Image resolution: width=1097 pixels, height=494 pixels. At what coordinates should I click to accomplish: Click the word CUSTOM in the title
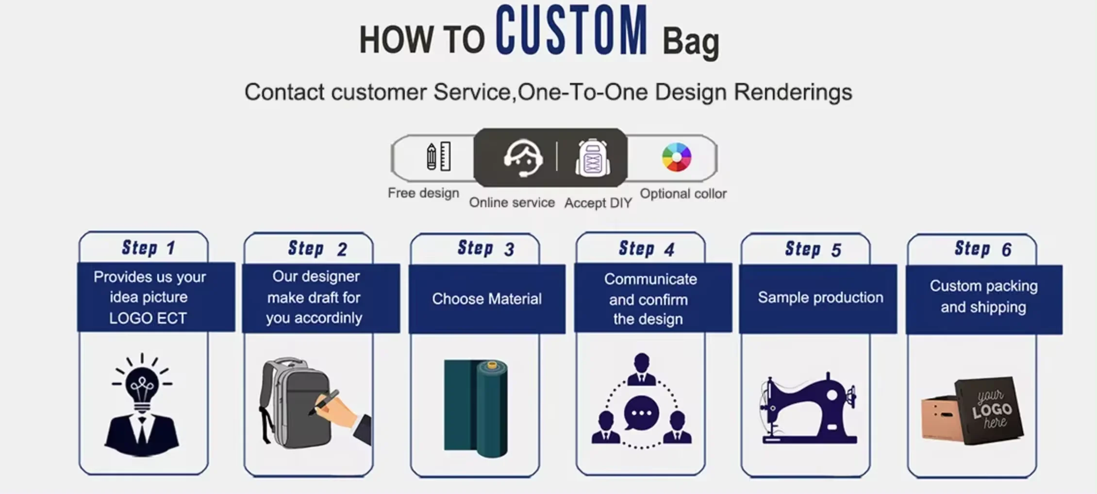pos(571,30)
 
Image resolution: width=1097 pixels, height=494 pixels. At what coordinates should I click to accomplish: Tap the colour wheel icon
pos(676,157)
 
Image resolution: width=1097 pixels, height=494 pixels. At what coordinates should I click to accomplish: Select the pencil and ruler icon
pos(438,156)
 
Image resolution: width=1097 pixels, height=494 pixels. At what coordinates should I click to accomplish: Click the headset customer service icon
pos(523,158)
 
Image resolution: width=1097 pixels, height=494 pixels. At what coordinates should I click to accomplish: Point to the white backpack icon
pos(593,158)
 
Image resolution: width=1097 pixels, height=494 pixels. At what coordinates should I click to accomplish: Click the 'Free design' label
pos(423,193)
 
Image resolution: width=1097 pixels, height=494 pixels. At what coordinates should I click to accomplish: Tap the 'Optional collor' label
pos(683,194)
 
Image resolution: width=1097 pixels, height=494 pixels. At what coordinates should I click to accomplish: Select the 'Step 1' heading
pos(148,248)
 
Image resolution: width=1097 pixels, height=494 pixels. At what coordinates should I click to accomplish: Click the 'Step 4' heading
pos(646,249)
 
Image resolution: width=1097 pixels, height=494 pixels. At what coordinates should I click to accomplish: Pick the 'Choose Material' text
pos(487,299)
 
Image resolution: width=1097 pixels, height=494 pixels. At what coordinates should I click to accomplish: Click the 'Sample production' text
pos(820,297)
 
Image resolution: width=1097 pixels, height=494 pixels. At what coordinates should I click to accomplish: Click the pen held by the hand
pos(324,402)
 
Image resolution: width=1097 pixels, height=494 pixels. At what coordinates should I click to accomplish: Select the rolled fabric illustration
pos(476,408)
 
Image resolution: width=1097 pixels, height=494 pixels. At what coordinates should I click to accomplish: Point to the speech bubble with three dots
pos(641,413)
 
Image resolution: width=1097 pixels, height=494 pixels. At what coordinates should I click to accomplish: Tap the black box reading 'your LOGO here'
pos(989,411)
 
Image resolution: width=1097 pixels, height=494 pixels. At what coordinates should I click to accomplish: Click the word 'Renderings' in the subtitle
pos(793,92)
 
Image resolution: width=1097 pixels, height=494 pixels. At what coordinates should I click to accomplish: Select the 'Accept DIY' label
pos(598,203)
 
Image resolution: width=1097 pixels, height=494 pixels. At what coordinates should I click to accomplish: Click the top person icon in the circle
pos(642,370)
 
